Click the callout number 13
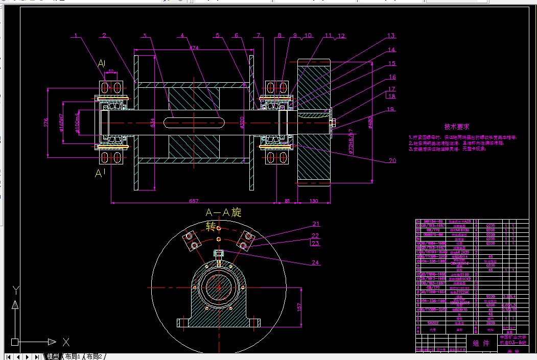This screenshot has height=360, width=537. pos(391,36)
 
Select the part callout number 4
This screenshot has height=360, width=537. pos(181,36)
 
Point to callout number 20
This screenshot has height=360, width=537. pos(392,160)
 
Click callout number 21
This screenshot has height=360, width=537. pos(316,224)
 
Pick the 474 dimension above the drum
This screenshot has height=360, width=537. pos(194,47)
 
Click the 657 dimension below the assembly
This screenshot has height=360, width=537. pos(194,201)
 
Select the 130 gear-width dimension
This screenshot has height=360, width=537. pos(314,201)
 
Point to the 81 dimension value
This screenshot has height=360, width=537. pos(287,201)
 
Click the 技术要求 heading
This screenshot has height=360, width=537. pos(456,127)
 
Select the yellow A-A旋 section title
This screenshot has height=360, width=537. pos(223,212)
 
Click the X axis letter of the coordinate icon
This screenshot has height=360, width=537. pos(65,342)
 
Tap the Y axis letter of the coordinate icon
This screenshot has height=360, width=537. pos(16,290)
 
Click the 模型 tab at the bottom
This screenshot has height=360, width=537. pos(53,356)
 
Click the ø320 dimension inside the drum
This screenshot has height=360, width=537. pos(242,123)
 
